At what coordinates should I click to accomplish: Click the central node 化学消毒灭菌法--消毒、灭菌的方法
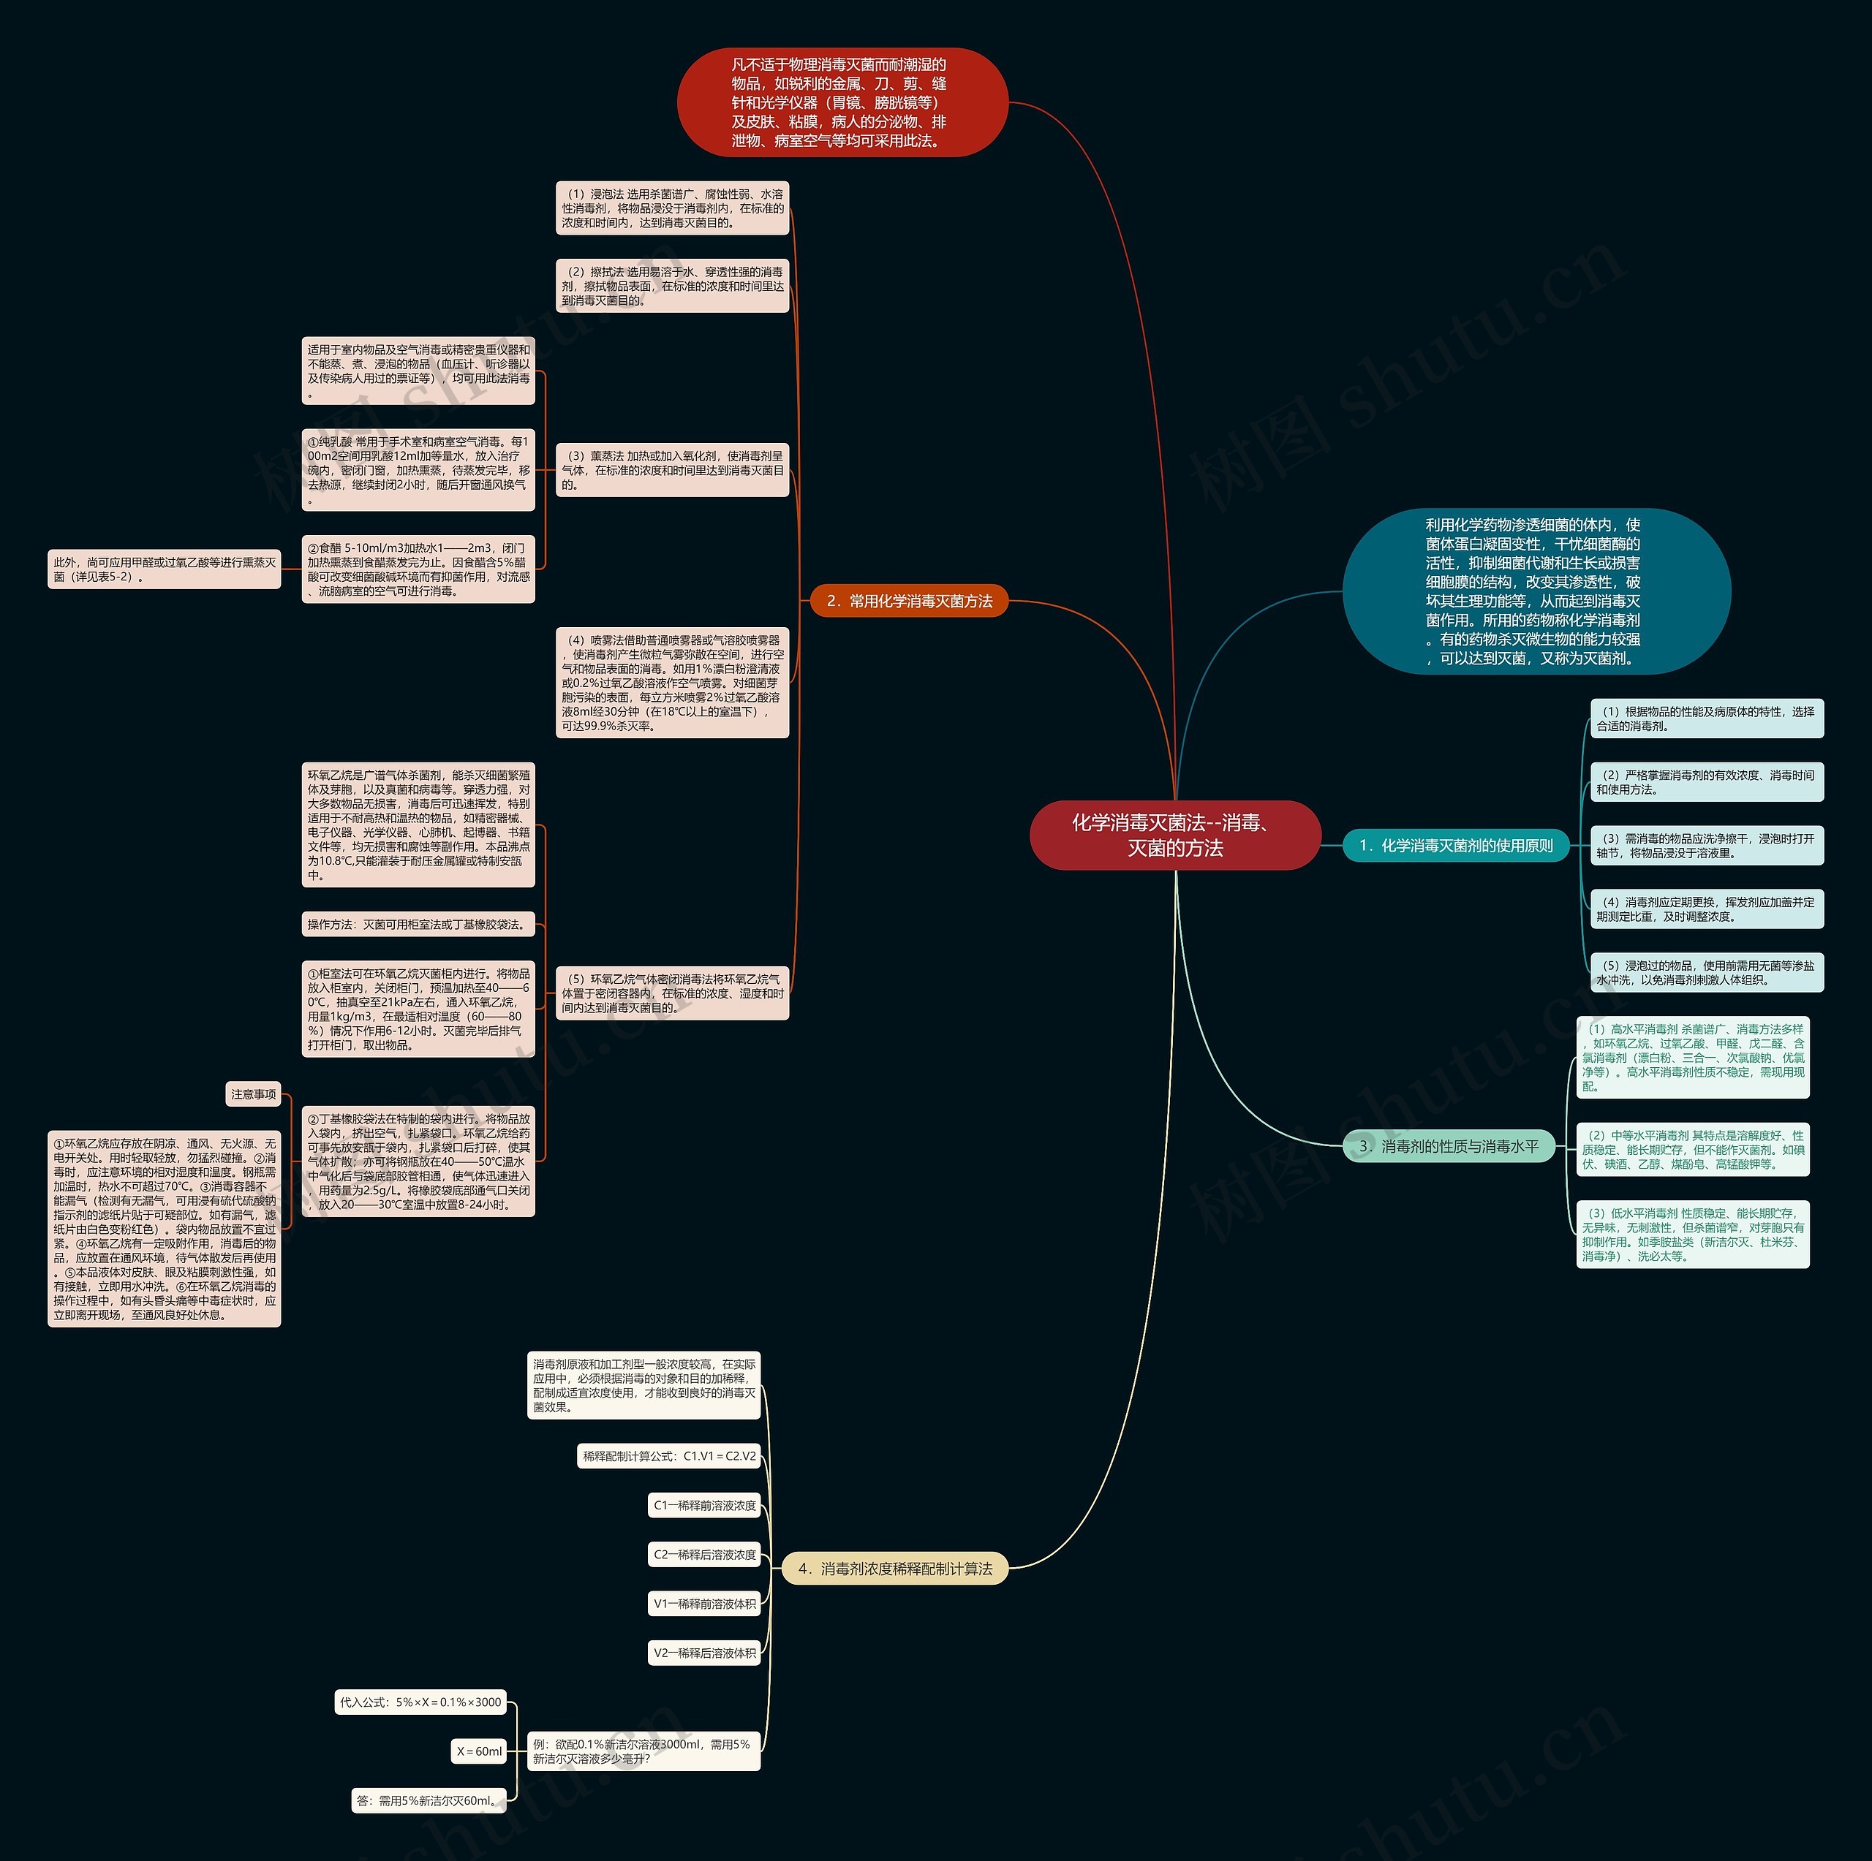point(1174,835)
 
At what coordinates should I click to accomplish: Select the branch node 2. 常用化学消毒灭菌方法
point(909,601)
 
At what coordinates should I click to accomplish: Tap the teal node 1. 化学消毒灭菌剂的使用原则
point(1455,845)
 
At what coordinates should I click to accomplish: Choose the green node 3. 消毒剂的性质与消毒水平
point(1449,1146)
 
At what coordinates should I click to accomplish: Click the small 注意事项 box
point(254,1094)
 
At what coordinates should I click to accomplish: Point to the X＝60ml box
point(480,1751)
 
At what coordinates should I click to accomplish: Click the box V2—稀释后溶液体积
point(704,1653)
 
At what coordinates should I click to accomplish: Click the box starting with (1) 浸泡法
point(673,208)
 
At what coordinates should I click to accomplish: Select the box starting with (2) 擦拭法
point(673,286)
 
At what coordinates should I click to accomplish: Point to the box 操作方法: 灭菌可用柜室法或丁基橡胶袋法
point(418,924)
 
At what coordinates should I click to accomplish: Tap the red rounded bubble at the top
point(841,102)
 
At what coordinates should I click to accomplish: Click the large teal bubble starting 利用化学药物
point(1535,591)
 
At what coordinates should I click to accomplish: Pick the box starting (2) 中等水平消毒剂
point(1692,1150)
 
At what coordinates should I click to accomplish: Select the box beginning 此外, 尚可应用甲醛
point(165,569)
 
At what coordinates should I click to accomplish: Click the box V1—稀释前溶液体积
point(704,1603)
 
